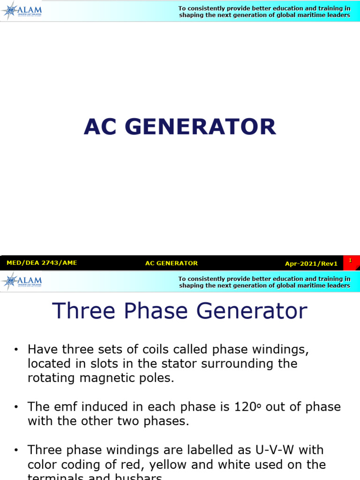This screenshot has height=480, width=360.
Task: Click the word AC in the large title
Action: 101,127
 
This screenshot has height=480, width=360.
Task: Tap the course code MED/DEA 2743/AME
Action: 42,263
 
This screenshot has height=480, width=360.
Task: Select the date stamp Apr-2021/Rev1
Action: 311,263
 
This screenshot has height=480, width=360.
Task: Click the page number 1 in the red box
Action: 350,260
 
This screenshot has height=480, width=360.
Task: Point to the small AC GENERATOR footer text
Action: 172,263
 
